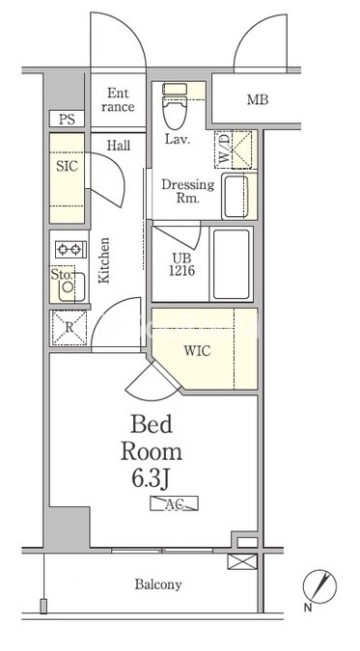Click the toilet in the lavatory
175,106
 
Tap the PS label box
67,120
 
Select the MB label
258,99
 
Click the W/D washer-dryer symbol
234,149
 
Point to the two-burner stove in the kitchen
70,249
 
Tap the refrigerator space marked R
69,328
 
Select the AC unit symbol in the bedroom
174,503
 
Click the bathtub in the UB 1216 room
232,264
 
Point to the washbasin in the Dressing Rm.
236,196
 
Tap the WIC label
197,351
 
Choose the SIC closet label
67,167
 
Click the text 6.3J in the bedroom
150,479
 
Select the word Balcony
158,585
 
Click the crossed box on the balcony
242,561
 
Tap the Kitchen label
104,260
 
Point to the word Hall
119,146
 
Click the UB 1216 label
181,264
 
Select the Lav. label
178,139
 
